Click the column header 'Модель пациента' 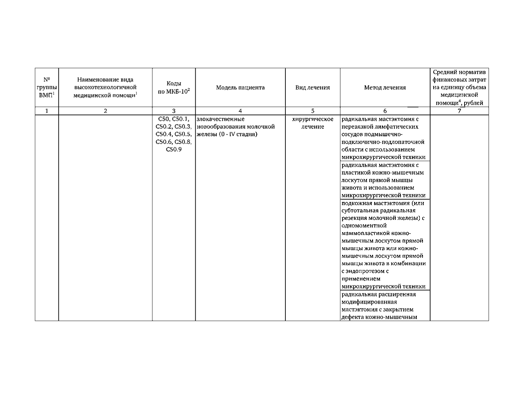point(240,88)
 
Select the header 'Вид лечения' point(313,88)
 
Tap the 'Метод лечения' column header point(385,88)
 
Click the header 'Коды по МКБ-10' point(174,88)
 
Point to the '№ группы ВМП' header point(47,88)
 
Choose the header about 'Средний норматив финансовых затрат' point(459,88)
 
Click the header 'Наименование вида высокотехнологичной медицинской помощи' point(105,88)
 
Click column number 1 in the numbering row point(47,111)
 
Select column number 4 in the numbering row point(240,111)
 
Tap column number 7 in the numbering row point(459,111)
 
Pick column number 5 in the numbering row point(313,111)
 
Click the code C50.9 point(174,149)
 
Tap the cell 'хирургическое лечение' point(313,123)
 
